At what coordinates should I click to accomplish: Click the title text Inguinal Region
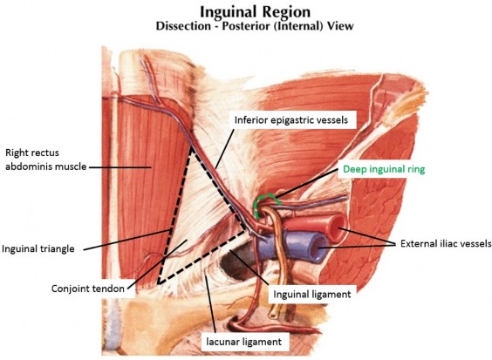point(255,12)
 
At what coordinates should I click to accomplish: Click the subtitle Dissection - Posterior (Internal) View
point(255,26)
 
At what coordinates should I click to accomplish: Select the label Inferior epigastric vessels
point(291,120)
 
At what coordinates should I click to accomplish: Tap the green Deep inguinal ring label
point(384,169)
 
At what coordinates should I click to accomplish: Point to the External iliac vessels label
point(446,244)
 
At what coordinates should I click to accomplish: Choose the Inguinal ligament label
point(312,295)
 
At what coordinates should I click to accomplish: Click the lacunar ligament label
point(243,342)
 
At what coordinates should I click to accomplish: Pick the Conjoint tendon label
point(88,289)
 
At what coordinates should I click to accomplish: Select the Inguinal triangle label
point(38,249)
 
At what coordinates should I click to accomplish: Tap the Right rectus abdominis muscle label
point(46,160)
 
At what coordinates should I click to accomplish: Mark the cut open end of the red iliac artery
point(338,227)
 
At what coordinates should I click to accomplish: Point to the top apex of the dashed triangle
point(191,147)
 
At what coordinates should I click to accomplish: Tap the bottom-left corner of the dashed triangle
point(159,283)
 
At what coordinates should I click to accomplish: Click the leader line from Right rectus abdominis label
point(120,167)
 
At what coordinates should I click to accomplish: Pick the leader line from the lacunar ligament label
point(209,302)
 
